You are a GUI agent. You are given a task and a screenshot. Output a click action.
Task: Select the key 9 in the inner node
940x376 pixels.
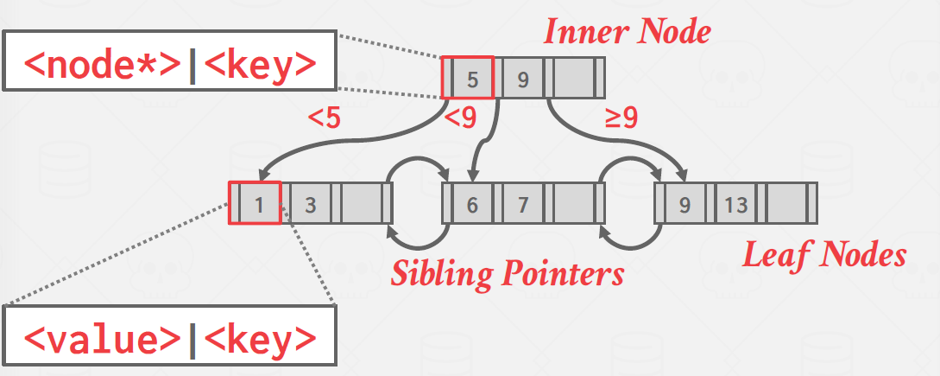pyautogui.click(x=522, y=79)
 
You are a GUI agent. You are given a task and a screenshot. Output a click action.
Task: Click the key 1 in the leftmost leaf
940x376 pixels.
pyautogui.click(x=259, y=205)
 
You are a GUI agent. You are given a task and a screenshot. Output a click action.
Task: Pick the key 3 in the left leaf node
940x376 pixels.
pyautogui.click(x=310, y=205)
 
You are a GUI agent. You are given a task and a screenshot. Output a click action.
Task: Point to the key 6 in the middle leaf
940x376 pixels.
pyautogui.click(x=472, y=205)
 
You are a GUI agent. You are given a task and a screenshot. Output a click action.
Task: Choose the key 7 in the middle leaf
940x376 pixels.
pyautogui.click(x=522, y=205)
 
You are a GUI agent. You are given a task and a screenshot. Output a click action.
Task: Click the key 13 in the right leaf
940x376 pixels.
pyautogui.click(x=735, y=205)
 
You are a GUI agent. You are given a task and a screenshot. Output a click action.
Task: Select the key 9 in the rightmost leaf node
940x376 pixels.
pyautogui.click(x=684, y=205)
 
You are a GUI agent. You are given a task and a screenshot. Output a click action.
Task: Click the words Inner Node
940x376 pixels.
pyautogui.click(x=627, y=32)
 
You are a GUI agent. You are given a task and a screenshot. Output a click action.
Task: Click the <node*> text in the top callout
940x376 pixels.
pyautogui.click(x=104, y=63)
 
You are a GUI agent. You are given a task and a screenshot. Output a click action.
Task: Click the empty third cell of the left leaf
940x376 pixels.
pyautogui.click(x=361, y=205)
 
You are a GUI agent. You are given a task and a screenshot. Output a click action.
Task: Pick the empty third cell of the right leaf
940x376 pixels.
pyautogui.click(x=787, y=205)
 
